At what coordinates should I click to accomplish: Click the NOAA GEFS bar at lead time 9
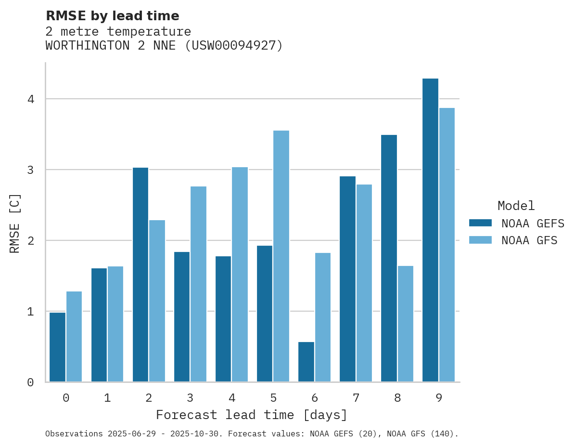point(430,230)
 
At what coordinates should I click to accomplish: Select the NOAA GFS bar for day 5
point(281,256)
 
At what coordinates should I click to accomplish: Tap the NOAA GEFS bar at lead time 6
point(306,362)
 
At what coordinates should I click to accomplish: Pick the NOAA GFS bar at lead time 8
point(405,324)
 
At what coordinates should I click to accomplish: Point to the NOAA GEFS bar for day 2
point(141,275)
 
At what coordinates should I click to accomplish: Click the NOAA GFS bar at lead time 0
point(74,336)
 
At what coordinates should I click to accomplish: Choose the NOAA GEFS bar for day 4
point(223,319)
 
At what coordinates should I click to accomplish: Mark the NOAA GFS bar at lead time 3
point(198,284)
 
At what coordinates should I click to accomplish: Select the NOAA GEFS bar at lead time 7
point(347,279)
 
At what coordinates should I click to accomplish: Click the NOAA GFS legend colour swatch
point(480,240)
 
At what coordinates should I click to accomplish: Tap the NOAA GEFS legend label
point(533,223)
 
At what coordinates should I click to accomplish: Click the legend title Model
point(516,206)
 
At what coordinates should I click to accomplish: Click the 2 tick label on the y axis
point(30,240)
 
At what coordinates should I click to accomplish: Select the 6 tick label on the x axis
point(315,398)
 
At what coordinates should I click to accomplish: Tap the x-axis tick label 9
point(439,398)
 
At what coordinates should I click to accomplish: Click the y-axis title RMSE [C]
point(15,223)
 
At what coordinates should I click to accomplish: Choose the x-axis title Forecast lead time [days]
point(252,415)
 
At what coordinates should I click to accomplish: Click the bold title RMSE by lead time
point(112,16)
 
